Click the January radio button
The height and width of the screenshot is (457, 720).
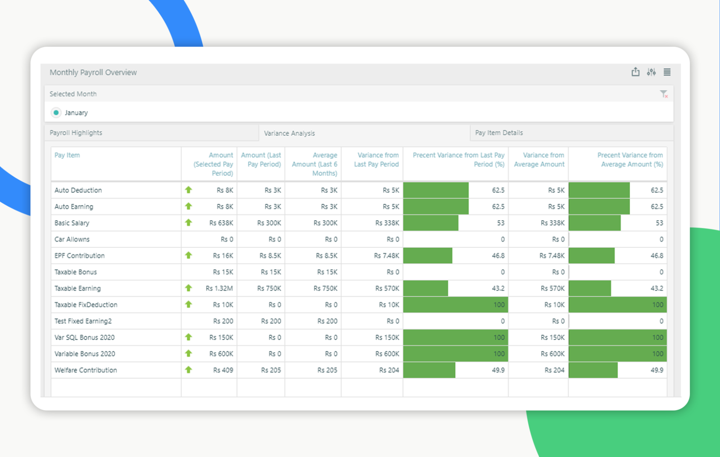[56, 113]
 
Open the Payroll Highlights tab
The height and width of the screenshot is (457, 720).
[76, 133]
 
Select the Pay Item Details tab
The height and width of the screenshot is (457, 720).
[499, 133]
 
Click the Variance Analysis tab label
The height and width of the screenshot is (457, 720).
[289, 133]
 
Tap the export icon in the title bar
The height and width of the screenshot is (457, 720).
[635, 72]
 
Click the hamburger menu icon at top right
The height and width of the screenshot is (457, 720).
[667, 72]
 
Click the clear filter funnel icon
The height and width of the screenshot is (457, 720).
[663, 94]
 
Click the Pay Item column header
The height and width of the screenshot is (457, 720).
[67, 155]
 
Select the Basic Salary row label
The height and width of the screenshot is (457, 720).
[72, 223]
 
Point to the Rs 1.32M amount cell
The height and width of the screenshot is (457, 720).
[219, 288]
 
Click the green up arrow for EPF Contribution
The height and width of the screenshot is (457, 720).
[188, 255]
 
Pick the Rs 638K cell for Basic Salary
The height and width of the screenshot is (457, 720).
[221, 223]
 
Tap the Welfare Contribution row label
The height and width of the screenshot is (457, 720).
[86, 370]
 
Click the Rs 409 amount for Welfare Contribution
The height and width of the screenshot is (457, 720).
[223, 370]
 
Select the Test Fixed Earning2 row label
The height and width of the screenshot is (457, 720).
[83, 321]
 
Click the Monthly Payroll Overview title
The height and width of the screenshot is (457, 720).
[93, 72]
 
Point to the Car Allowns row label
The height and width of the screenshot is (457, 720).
[72, 239]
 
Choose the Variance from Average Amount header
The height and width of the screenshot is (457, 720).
[539, 160]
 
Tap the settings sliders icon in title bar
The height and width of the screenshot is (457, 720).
[651, 72]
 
